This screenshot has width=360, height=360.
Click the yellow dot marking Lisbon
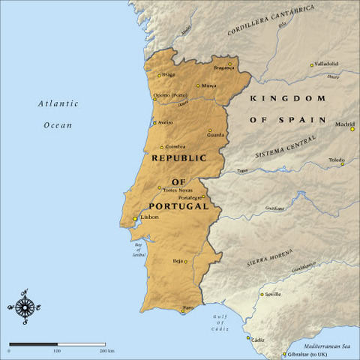[x=135, y=219]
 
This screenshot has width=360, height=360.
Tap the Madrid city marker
[x=352, y=129]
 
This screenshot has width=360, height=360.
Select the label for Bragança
[x=223, y=67]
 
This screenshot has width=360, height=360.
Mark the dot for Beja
[x=186, y=261]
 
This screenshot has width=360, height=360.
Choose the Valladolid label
[x=330, y=64]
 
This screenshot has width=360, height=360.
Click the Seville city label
[x=272, y=294]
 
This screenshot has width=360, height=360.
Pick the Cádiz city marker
[x=249, y=338]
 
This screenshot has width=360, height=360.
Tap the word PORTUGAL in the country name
[x=178, y=206]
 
